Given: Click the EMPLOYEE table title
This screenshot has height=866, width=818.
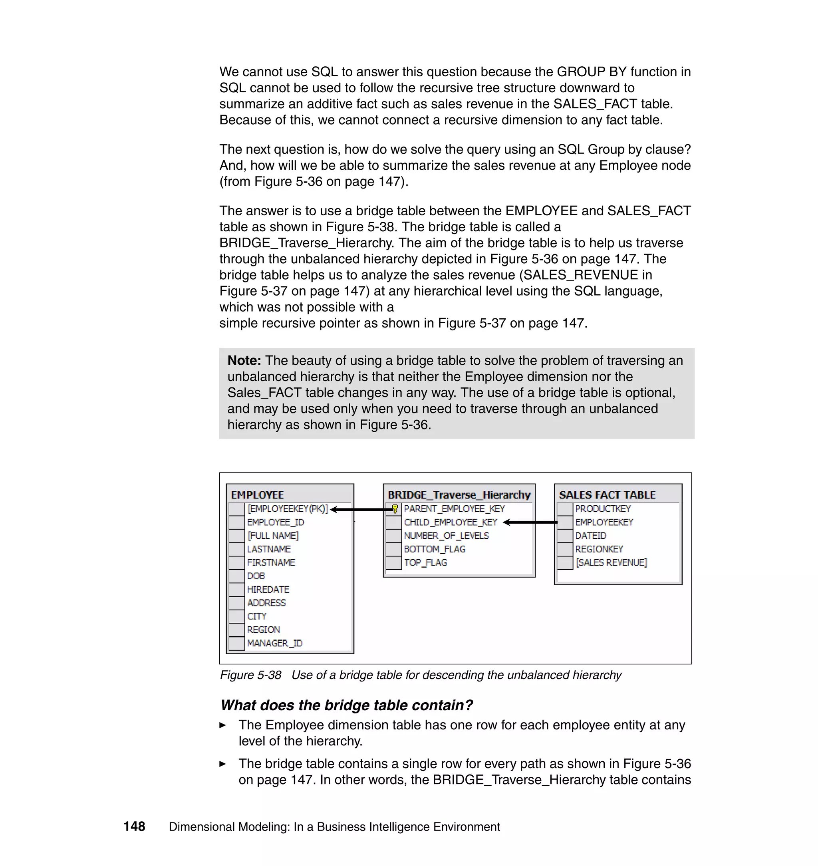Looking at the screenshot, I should (x=257, y=495).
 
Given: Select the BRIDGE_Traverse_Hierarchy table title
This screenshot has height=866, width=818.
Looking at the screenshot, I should (x=459, y=495).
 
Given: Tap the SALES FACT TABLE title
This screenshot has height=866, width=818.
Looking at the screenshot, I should (x=607, y=495).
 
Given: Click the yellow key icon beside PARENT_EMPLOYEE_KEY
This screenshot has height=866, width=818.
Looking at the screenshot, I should (x=395, y=509).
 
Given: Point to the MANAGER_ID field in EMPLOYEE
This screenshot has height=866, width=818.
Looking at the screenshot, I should (x=275, y=643).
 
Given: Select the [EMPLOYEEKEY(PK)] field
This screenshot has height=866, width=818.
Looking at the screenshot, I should (x=287, y=509).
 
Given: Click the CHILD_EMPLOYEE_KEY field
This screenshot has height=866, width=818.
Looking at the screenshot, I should (x=451, y=522).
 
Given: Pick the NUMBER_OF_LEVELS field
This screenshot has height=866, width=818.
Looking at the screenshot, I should (x=446, y=536).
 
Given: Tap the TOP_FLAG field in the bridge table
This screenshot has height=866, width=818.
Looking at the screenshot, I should (x=425, y=562).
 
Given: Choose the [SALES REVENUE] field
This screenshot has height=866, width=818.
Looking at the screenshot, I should (x=611, y=562).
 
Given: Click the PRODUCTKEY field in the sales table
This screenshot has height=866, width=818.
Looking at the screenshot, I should (x=603, y=509).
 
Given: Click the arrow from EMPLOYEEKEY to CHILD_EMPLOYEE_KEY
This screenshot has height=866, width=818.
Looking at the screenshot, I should (x=530, y=522).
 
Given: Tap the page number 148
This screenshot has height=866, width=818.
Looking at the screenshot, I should (x=134, y=826).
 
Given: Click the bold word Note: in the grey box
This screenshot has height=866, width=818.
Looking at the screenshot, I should (x=244, y=361).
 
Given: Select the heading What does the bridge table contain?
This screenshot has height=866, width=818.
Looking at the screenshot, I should (x=346, y=705).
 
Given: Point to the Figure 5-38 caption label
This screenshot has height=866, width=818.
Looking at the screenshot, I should (x=251, y=675).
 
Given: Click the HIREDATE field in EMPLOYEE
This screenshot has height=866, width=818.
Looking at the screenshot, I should (x=268, y=590).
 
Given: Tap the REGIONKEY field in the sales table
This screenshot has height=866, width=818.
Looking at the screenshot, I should (x=599, y=549).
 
